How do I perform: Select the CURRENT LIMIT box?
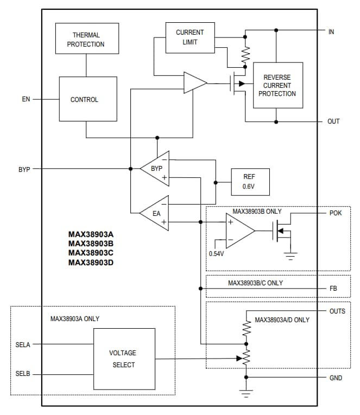tap(190, 37)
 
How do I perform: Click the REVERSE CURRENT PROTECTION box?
tap(277, 85)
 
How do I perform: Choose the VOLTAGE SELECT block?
tap(124, 359)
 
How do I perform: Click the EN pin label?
tap(26, 99)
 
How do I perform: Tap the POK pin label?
tap(336, 213)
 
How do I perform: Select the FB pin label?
tap(333, 289)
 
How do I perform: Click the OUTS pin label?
tap(337, 311)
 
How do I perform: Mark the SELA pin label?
tap(23, 344)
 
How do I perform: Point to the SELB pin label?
tap(23, 374)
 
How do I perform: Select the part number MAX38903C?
tap(91, 253)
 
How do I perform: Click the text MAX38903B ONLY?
tap(257, 211)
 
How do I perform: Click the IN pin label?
tap(331, 31)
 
